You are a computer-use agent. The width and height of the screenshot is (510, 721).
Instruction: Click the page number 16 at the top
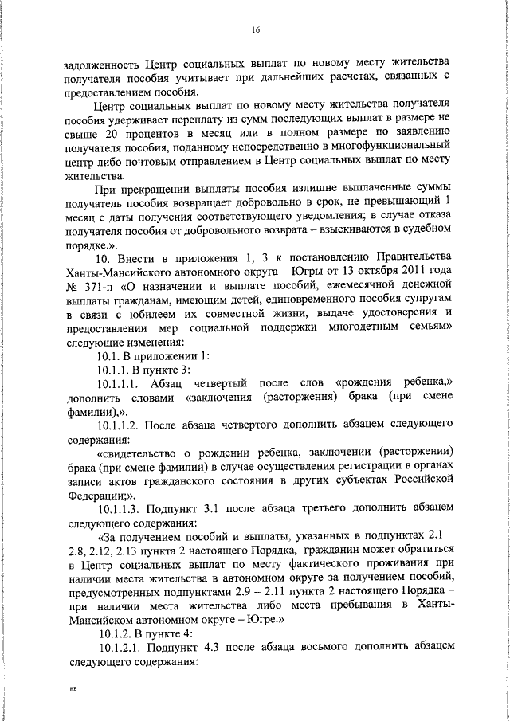tap(256, 29)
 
